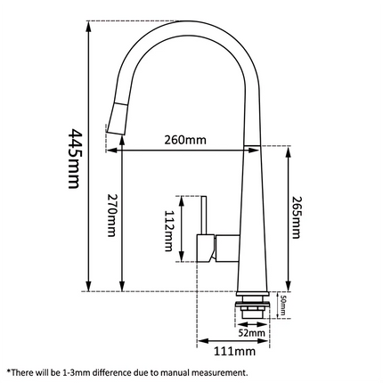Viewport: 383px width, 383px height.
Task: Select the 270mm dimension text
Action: point(110,219)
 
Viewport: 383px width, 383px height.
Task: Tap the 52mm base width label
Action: point(257,332)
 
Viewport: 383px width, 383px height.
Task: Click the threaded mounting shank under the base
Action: point(250,306)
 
